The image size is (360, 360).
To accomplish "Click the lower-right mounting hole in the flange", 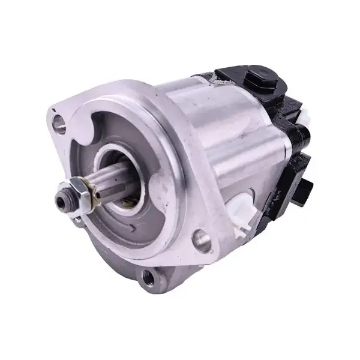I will (x=203, y=241).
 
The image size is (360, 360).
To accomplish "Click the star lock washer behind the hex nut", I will (x=90, y=187).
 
